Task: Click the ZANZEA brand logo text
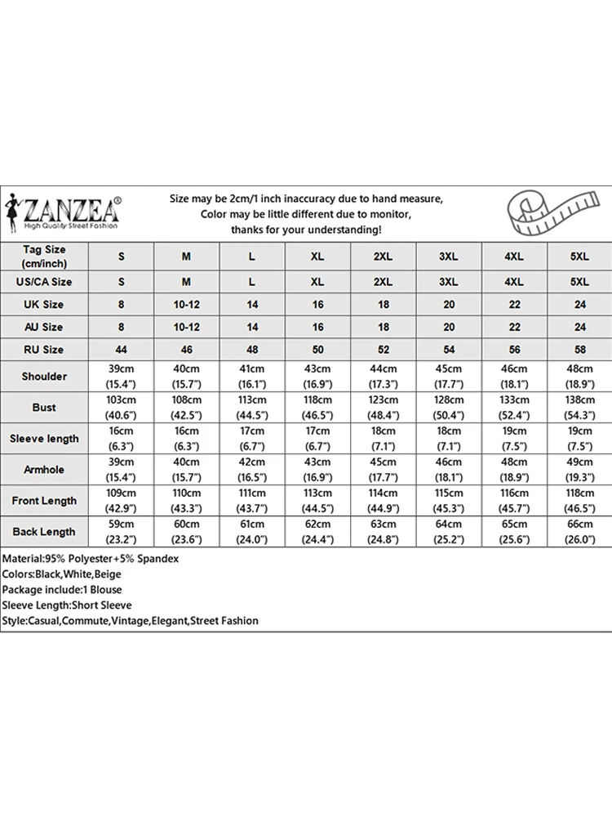[x=73, y=209]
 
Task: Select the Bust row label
[x=44, y=408]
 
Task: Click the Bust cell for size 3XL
[x=448, y=408]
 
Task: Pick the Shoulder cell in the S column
[x=122, y=377]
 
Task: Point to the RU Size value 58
[x=579, y=350]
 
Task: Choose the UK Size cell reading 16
[x=317, y=305]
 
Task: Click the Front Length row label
[x=44, y=501]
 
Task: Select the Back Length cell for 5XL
[x=579, y=532]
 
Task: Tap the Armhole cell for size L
[x=252, y=470]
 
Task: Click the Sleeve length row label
[x=44, y=439]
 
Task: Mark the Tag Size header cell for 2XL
[x=383, y=257]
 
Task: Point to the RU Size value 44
[x=122, y=350]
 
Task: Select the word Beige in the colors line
[x=108, y=574]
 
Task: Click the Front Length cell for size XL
[x=317, y=501]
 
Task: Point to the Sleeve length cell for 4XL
[x=513, y=439]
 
